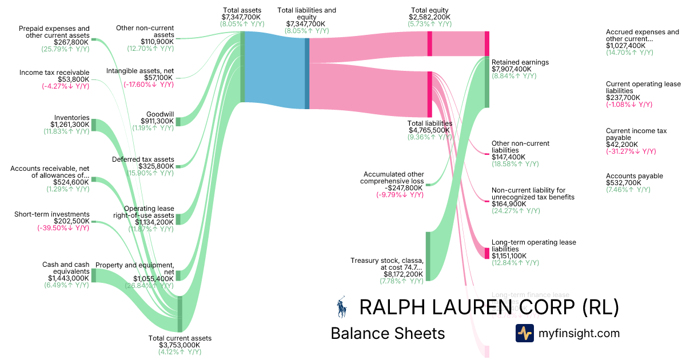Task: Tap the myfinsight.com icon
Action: click(524, 333)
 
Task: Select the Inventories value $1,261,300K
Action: click(70, 124)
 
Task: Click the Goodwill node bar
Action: click(178, 121)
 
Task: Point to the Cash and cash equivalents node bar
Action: click(94, 275)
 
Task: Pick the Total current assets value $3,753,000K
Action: click(180, 345)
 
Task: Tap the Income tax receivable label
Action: click(54, 73)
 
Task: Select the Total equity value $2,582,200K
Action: click(430, 17)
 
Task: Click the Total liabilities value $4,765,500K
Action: click(430, 130)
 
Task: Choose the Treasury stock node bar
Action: click(427, 257)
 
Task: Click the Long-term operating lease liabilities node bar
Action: click(487, 253)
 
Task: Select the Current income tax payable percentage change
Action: click(631, 151)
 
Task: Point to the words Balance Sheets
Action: click(388, 333)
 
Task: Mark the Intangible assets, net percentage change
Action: click(149, 85)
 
